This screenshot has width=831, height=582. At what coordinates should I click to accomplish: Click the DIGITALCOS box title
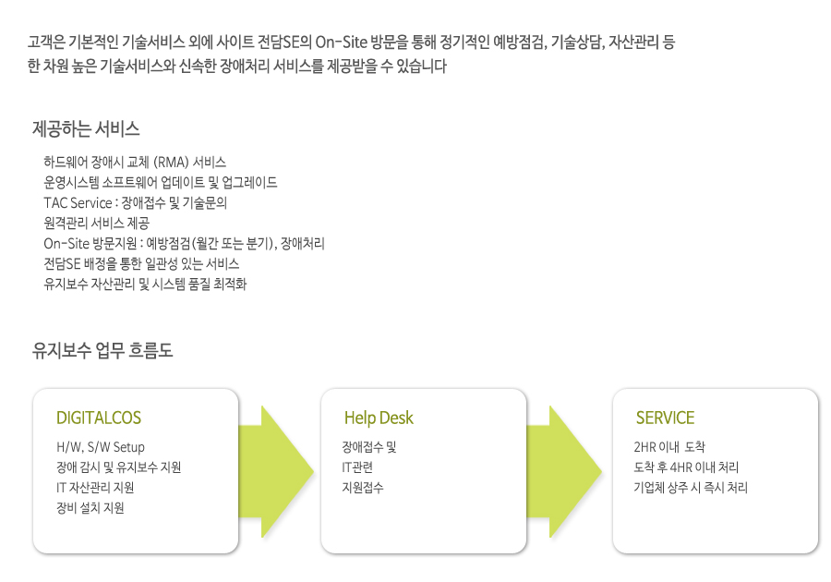(x=99, y=418)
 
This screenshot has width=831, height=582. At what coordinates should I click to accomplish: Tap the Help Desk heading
(x=379, y=418)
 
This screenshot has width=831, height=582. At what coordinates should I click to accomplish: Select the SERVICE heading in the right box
(x=665, y=418)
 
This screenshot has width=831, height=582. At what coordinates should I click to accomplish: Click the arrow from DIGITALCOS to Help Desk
(x=275, y=472)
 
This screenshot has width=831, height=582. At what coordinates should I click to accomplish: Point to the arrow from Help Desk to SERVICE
(x=564, y=472)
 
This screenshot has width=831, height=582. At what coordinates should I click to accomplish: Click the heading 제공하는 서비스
(x=86, y=128)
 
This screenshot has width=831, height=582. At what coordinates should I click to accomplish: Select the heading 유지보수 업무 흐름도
(x=102, y=350)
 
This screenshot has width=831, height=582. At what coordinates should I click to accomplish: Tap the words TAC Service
(x=78, y=203)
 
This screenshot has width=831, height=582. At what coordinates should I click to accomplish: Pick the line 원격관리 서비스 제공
(x=96, y=224)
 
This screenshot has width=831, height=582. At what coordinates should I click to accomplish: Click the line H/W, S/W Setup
(x=100, y=447)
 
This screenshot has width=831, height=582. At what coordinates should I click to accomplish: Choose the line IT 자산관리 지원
(x=95, y=488)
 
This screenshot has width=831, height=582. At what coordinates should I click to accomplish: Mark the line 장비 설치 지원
(x=90, y=508)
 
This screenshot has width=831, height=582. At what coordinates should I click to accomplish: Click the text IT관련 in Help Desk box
(x=357, y=467)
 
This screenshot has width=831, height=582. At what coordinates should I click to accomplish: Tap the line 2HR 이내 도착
(x=669, y=447)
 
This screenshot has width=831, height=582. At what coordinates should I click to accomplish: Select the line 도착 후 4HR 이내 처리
(x=686, y=467)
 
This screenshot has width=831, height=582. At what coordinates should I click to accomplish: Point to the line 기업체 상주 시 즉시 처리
(x=691, y=488)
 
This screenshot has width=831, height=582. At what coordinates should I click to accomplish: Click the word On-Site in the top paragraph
(x=342, y=42)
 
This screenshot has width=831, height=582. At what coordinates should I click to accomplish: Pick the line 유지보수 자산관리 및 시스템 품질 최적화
(x=145, y=285)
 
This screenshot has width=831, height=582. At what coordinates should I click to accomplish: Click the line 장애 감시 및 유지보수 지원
(x=119, y=467)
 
